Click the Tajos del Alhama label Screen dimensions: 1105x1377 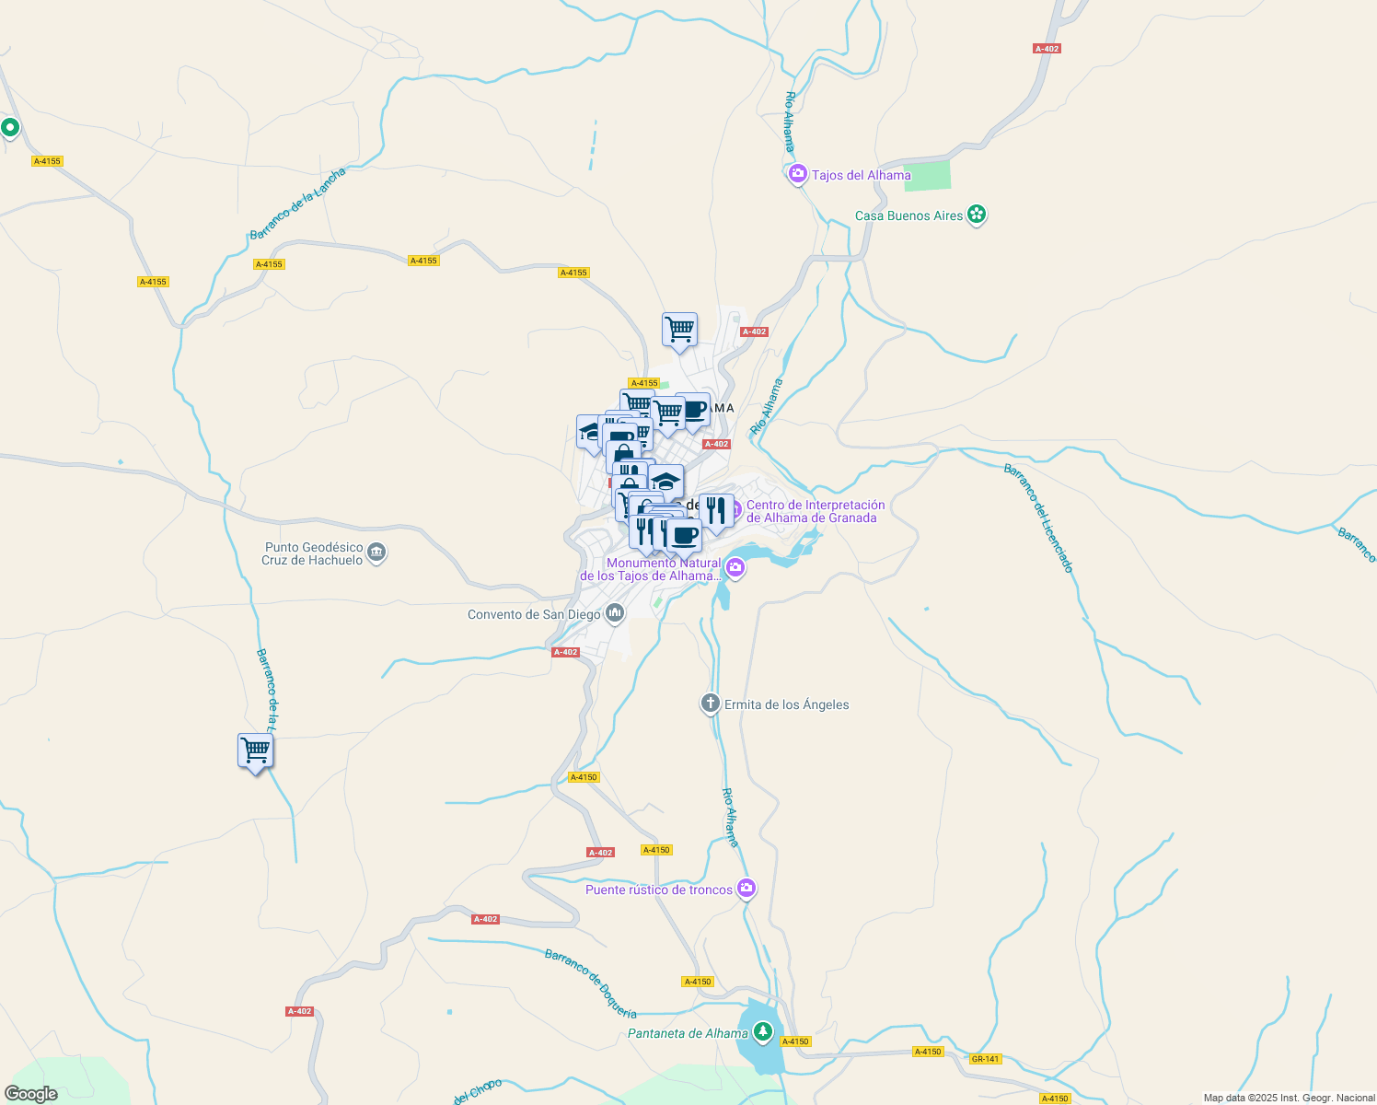coord(861,175)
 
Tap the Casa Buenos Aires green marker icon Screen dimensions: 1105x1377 coord(977,215)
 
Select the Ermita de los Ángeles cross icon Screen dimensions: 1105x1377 coord(710,704)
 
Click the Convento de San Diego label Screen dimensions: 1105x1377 coord(534,614)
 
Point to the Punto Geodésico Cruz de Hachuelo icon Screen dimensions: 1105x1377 coord(376,553)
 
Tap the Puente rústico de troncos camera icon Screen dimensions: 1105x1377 coord(746,889)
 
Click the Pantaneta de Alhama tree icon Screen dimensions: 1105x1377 coord(763,1032)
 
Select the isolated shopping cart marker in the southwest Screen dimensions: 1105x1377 coord(255,750)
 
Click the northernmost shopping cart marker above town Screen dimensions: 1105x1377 coord(679,329)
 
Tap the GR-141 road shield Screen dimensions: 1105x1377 coord(985,1059)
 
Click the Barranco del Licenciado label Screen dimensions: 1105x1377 coord(1038,518)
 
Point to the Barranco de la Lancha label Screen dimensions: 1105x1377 coord(297,204)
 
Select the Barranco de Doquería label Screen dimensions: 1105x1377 coord(590,983)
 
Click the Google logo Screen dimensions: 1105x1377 coord(30,1094)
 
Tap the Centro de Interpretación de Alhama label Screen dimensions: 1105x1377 coord(815,511)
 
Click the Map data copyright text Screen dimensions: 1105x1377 coord(1289,1098)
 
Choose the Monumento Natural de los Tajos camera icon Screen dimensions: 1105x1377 coord(735,567)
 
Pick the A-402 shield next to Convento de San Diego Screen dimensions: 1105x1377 coord(565,652)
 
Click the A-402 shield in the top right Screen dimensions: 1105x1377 coord(1047,49)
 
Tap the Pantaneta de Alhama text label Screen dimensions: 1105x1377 coord(688,1033)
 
